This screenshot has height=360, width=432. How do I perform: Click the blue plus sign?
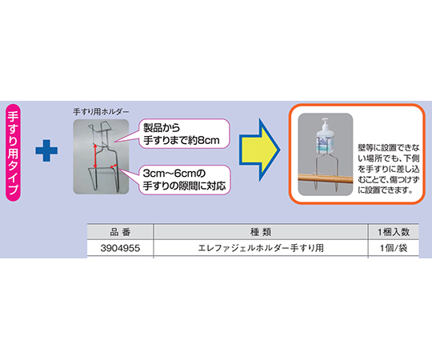[46, 150]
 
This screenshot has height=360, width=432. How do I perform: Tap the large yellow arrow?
[259, 150]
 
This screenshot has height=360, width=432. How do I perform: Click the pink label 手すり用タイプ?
[13, 152]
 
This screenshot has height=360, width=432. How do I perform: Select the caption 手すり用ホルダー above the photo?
[101, 112]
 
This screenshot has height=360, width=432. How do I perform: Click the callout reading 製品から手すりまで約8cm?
[184, 134]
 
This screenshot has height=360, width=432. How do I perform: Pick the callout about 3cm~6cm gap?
[184, 180]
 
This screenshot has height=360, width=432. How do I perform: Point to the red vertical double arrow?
[94, 156]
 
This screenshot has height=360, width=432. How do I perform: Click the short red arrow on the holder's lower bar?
[114, 166]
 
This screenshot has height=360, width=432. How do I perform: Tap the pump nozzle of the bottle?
[325, 124]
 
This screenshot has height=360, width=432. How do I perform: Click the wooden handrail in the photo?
[326, 178]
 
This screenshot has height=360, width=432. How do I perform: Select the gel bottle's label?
[325, 145]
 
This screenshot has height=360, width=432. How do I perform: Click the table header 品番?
[120, 232]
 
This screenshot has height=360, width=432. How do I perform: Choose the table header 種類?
[261, 232]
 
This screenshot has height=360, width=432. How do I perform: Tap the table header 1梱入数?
[394, 232]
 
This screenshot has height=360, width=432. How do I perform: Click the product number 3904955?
[120, 248]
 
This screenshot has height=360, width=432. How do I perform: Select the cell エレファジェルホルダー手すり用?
[261, 248]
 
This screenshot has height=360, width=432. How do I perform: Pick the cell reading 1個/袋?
[394, 248]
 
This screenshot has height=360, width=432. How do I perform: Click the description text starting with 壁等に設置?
[389, 169]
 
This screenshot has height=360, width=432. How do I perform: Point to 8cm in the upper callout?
[208, 141]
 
